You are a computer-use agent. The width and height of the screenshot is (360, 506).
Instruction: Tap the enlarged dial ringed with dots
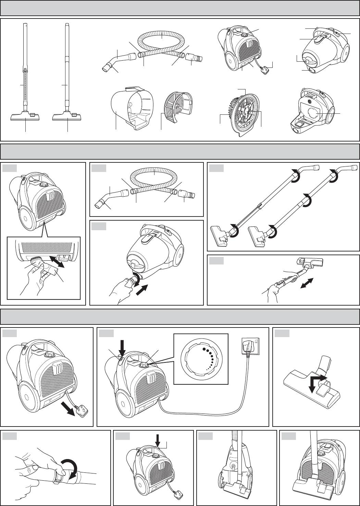(201, 359)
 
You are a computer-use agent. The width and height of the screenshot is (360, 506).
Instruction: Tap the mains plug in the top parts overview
(265, 71)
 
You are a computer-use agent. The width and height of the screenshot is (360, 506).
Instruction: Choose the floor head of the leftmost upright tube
(25, 116)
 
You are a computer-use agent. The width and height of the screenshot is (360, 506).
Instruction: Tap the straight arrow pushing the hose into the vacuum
(142, 287)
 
